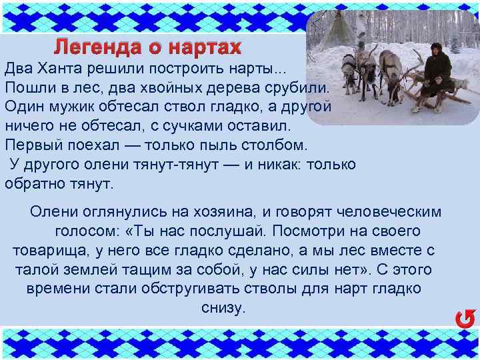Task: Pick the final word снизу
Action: tap(223, 309)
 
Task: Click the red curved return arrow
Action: tap(465, 319)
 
